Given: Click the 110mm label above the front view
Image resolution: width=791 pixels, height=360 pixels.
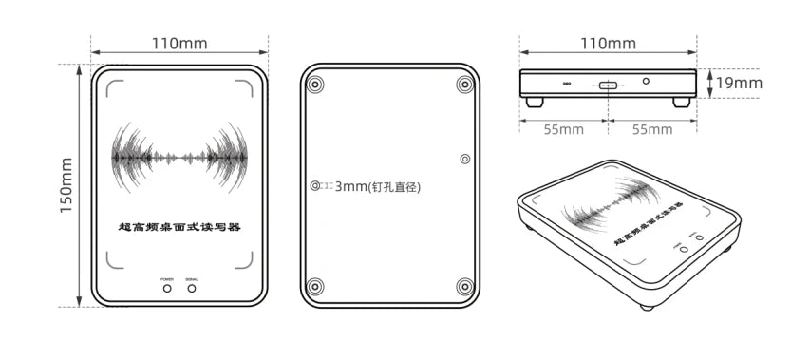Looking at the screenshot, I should coord(179,44).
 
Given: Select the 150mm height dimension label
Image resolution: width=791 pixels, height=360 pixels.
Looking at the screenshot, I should coord(67,185).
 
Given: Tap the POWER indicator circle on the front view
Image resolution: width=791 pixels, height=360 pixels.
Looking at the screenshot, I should coord(168,287).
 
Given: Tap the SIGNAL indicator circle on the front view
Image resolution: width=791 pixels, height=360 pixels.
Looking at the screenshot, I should coord(193,287).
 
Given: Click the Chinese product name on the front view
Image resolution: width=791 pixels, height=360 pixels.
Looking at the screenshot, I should coord(179,227).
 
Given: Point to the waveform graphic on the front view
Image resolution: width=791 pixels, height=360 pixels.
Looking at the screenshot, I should coord(179,156).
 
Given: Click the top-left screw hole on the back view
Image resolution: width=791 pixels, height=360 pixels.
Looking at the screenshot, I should coord(316,84).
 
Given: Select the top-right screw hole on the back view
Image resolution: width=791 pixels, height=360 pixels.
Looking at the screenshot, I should coord(464,84).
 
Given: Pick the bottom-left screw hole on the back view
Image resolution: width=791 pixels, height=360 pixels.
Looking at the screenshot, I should coord(316,286).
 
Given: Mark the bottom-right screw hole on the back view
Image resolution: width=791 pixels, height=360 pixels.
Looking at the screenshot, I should coord(464,286).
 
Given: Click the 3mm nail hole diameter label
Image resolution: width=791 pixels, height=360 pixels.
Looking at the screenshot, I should coord(377,187).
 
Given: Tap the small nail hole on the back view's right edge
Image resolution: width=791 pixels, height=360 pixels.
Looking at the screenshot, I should coord(464,159).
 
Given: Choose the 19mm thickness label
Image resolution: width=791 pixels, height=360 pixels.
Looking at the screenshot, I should coord(739,83).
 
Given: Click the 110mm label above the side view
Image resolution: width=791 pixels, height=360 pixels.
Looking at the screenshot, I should coord(608,44).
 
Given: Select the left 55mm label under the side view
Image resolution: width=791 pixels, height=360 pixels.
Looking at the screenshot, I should coord(563,129).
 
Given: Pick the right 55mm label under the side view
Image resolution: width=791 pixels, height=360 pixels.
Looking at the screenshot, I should coord(652,129).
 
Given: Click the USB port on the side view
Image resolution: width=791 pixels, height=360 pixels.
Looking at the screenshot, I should coord(608,85).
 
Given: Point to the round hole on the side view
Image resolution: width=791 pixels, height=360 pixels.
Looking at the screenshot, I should coord(646,82).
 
